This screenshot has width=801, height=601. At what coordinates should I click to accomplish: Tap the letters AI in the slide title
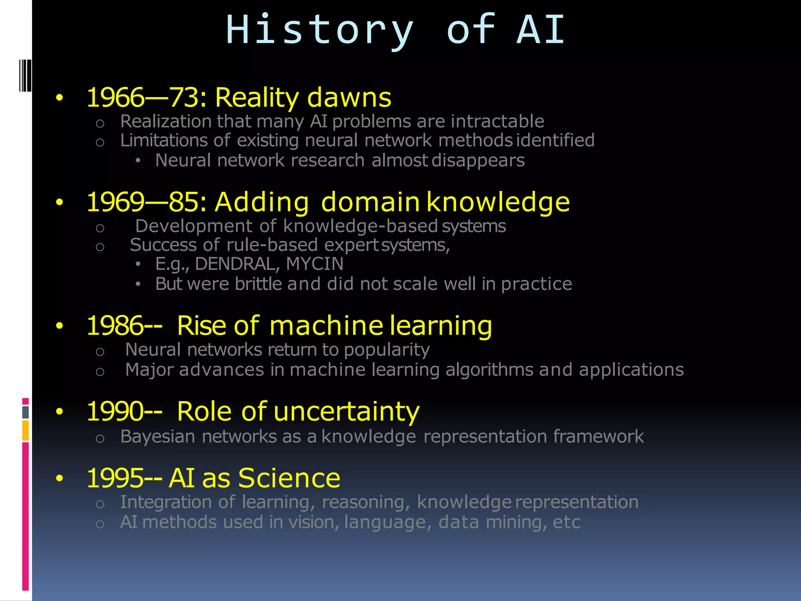click(x=541, y=29)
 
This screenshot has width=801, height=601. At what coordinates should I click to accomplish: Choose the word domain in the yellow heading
click(x=370, y=202)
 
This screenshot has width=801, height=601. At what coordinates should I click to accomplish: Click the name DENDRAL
click(x=237, y=264)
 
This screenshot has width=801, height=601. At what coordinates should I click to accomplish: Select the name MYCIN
click(x=314, y=264)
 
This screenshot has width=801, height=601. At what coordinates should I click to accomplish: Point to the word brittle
click(x=258, y=284)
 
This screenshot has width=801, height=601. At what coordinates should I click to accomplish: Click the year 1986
click(x=115, y=326)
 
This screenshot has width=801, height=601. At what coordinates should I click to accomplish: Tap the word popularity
click(x=386, y=350)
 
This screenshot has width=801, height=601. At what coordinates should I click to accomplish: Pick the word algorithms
click(x=489, y=370)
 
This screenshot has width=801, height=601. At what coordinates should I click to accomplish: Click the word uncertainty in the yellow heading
click(x=346, y=412)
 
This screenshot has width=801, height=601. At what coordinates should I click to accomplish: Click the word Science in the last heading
click(x=289, y=478)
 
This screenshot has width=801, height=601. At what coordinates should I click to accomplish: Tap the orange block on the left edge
click(x=25, y=430)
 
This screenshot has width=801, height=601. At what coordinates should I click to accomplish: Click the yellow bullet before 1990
click(x=59, y=412)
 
